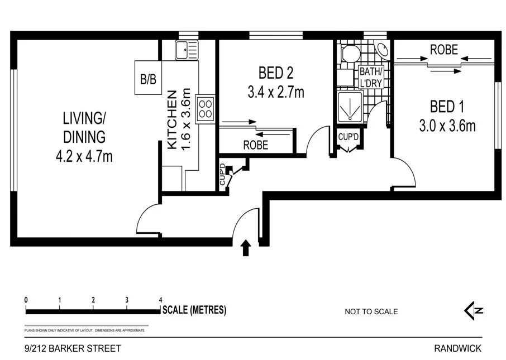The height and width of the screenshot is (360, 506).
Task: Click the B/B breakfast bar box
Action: [148, 79]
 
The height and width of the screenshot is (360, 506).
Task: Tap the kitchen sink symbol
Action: [187, 50]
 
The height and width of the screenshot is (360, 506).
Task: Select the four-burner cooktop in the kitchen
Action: [206, 107]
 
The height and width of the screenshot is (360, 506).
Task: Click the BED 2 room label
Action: [275, 73]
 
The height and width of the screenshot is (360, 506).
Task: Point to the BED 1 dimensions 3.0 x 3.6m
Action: [447, 126]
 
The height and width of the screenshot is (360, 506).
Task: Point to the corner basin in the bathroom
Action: [384, 50]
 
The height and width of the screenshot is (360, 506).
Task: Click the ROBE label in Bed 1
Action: [444, 50]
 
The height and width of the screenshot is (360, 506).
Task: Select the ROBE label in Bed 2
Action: [255, 145]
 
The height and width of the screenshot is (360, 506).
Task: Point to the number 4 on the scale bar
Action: [160, 300]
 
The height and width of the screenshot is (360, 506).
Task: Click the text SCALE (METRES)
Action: [194, 310]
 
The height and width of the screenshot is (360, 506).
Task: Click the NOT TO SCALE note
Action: [371, 311]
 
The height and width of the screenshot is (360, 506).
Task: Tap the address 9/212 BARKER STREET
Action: [73, 348]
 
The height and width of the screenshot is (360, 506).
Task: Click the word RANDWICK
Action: [457, 348]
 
